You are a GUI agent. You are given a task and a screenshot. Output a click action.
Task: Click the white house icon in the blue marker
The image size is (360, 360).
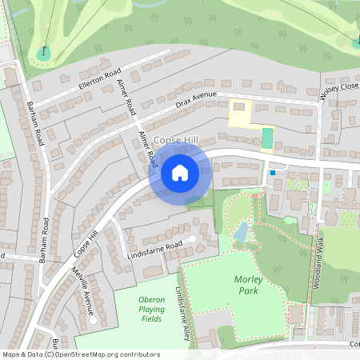tap(180, 172)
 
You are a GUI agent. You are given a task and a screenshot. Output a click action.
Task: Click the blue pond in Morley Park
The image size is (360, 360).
tap(239, 231)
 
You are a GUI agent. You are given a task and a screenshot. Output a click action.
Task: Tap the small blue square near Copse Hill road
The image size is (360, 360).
tap(273, 172)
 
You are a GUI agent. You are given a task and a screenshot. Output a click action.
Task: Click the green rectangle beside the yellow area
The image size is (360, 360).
tap(267, 138)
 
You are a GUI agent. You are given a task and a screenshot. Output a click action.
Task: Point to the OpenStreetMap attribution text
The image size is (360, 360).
tap(81, 354)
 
